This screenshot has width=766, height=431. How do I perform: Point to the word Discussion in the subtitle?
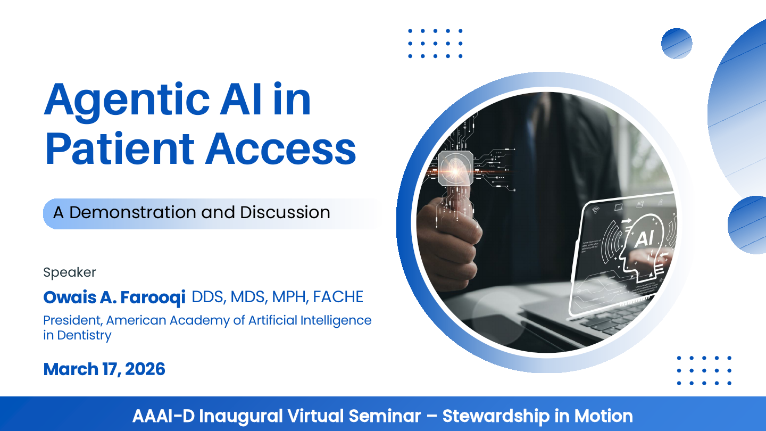click(x=285, y=212)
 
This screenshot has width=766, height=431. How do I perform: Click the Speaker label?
click(x=70, y=272)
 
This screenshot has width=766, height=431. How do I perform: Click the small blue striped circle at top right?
click(x=677, y=44)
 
